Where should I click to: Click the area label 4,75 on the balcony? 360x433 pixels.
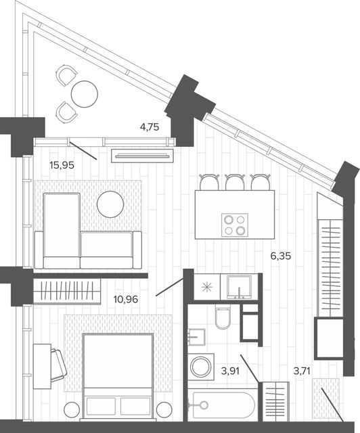pyautogui.click(x=150, y=127)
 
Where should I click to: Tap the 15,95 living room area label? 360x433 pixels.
pyautogui.click(x=62, y=165)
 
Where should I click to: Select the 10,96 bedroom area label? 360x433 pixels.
pyautogui.click(x=126, y=299)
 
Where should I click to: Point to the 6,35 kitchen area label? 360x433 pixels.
pyautogui.click(x=281, y=256)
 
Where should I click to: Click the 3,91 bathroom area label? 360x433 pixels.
pyautogui.click(x=230, y=371)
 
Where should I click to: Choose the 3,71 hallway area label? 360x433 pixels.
pyautogui.click(x=302, y=371)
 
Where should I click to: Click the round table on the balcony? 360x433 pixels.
pyautogui.click(x=85, y=94)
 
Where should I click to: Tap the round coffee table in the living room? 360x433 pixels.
pyautogui.click(x=110, y=204)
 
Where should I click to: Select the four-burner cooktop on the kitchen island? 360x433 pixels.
pyautogui.click(x=235, y=225)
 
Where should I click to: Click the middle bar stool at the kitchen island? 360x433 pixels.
pyautogui.click(x=235, y=182)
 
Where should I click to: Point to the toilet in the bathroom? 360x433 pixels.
pyautogui.click(x=223, y=317)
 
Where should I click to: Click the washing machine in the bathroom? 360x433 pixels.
pyautogui.click(x=201, y=367)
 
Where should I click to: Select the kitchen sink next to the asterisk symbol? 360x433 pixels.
pyautogui.click(x=240, y=287)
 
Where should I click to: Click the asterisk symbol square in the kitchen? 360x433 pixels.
pyautogui.click(x=207, y=288)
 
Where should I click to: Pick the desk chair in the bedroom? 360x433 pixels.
pyautogui.click(x=59, y=365)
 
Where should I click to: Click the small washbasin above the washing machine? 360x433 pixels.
pyautogui.click(x=196, y=337)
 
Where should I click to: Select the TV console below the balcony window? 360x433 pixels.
pyautogui.click(x=142, y=156)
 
